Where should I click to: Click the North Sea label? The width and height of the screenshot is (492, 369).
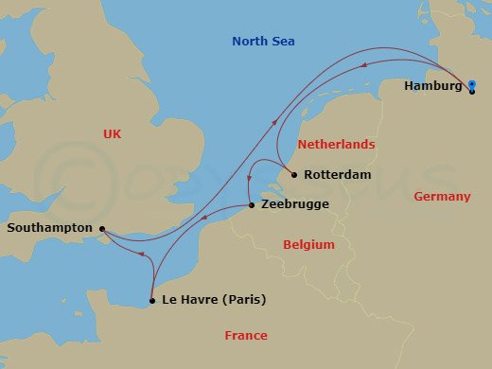coord(264,41)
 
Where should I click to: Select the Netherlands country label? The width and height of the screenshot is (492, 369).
coord(336,145)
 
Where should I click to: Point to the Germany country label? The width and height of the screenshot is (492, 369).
coord(442,197)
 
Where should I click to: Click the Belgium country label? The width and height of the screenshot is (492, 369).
coord(309,245)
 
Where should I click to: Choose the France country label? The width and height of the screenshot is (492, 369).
coord(246,336)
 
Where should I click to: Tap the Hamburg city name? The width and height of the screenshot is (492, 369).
coord(432,86)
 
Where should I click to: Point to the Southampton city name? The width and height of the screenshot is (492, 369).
coord(49,228)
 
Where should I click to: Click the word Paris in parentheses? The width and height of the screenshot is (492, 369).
coord(243,301)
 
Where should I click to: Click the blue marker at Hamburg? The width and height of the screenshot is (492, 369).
coord(471,86)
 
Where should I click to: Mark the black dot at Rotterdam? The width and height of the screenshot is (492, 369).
coord(294,175)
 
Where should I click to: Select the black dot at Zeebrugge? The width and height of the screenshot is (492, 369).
coord(251,205)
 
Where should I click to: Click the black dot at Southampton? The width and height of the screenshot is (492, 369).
coord(101,228)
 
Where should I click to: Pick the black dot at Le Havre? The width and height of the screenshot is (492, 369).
coord(151,301)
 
